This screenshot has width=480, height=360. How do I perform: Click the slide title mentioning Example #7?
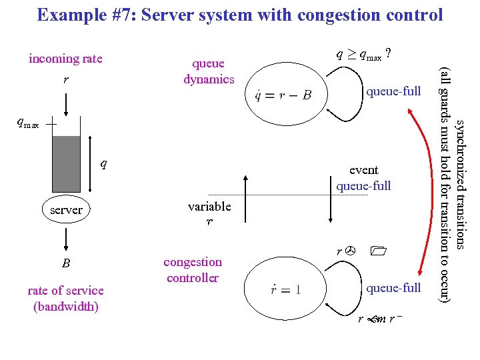point(239,15)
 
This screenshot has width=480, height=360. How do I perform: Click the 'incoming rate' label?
point(65,59)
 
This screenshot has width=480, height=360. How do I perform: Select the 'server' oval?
point(67,209)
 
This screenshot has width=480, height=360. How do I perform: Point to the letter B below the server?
point(66,263)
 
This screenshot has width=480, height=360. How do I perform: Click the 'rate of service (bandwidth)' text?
point(65,298)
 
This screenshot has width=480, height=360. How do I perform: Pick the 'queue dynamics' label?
point(209,71)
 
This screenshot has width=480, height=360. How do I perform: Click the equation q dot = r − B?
point(283,95)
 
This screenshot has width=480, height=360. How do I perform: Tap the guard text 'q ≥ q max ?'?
point(364,56)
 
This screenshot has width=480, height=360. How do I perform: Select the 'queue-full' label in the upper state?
point(393,91)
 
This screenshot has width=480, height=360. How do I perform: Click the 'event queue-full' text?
point(363,178)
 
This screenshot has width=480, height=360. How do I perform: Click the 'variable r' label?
point(209,213)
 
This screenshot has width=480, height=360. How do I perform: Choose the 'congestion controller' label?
point(193,270)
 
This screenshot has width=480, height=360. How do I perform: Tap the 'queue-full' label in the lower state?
point(393,288)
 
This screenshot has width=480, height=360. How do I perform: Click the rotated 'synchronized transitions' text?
point(460,187)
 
